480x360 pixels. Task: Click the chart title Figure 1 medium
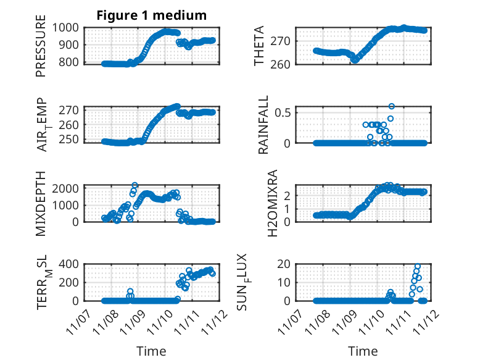click(x=151, y=15)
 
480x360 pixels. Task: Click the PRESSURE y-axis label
click(x=41, y=50)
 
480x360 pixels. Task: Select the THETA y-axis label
click(x=259, y=46)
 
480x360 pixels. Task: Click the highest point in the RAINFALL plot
click(x=391, y=106)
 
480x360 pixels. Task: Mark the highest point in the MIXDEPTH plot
click(x=134, y=185)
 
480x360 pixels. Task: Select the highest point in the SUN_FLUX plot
click(x=418, y=266)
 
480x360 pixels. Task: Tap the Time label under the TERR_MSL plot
click(x=151, y=351)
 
